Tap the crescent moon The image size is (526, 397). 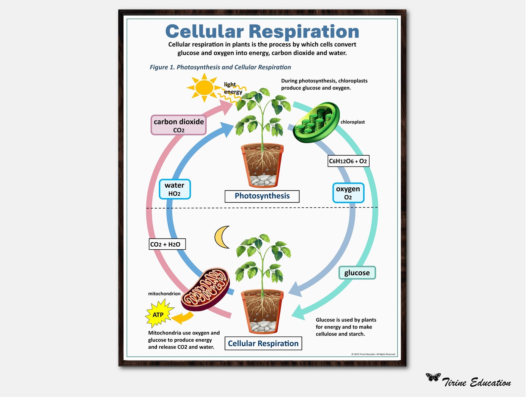tap(221, 237)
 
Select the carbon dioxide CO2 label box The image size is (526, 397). tap(179, 125)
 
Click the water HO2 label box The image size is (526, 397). tap(175, 189)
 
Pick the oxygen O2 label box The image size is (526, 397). tap(348, 193)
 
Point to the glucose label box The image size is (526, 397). tap(357, 273)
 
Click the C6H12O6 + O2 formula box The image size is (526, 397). tap(348, 161)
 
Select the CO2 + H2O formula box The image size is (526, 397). tap(167, 244)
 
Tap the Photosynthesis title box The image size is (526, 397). tap(262, 196)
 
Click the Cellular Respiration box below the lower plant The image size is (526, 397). tap(263, 343)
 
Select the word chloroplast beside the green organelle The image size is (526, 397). tap(352, 122)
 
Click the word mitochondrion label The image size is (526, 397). tap(164, 294)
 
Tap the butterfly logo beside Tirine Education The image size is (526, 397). tap(433, 377)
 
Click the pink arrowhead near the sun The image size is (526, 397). tap(227, 107)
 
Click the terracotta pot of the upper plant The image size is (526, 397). tap(262, 164)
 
